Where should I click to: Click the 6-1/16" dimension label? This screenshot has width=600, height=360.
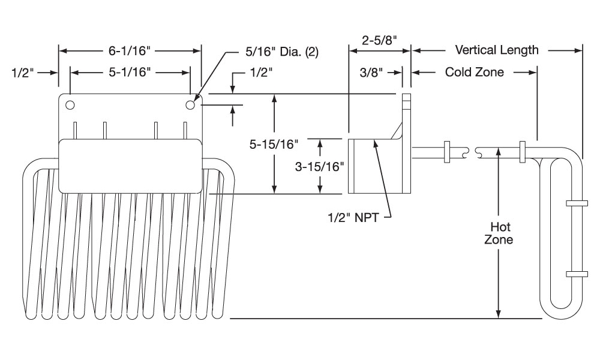[128, 51]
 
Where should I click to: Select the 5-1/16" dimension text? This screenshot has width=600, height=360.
[130, 73]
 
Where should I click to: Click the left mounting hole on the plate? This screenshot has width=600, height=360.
[70, 106]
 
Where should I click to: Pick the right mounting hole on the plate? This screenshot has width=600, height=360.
[191, 105]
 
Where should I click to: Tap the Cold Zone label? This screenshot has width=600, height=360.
[474, 73]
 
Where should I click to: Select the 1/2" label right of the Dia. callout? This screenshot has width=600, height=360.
[260, 72]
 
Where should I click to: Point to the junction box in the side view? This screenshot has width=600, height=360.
[372, 166]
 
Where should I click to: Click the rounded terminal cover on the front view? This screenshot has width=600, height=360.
[131, 166]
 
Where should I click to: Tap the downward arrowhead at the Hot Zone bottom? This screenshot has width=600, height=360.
[498, 313]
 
